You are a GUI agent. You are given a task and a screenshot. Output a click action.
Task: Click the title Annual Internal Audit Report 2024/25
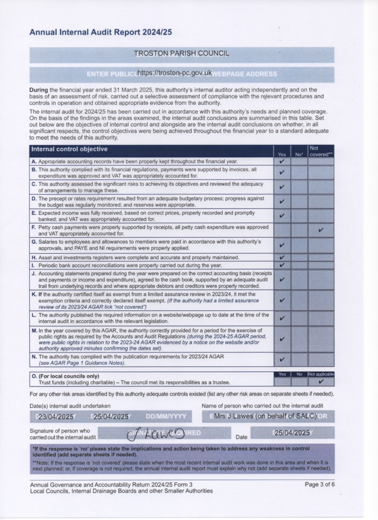point(101,32)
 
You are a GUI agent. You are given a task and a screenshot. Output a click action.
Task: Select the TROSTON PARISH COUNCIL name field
point(181,54)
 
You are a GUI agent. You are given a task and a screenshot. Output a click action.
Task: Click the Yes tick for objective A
point(281,161)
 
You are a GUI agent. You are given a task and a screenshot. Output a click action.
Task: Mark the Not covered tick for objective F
point(321,230)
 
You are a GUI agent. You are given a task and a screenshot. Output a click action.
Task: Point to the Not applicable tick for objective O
point(321,381)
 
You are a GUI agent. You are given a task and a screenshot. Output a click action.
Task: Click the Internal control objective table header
point(69,149)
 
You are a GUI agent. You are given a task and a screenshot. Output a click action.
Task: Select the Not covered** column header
point(321,152)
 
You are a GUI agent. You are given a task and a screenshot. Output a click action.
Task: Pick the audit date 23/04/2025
point(56,417)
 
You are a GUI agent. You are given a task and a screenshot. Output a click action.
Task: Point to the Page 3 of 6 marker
point(319,484)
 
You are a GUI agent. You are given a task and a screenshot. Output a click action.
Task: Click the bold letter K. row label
point(34,294)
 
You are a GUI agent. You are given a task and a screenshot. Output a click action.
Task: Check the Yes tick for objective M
point(281,339)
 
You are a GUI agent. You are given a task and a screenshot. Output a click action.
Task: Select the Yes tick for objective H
point(281,257)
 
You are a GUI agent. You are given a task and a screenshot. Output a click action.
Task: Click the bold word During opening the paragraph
point(39,90)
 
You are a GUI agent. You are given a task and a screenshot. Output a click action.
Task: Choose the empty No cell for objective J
point(299,280)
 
